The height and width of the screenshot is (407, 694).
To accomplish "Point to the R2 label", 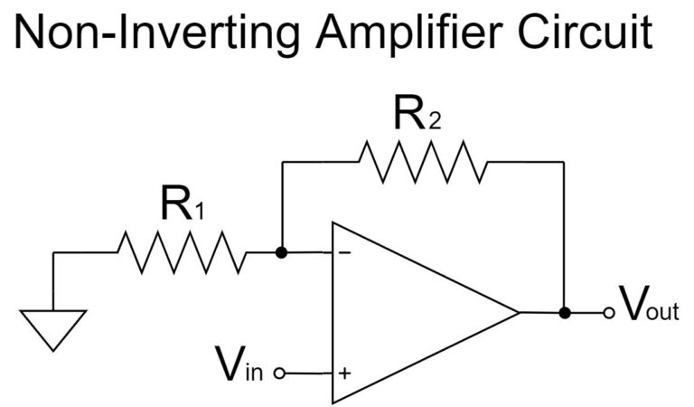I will [x=417, y=116].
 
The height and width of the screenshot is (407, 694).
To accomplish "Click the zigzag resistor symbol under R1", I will [x=181, y=252].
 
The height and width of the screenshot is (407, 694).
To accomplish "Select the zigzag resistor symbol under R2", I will [x=422, y=162].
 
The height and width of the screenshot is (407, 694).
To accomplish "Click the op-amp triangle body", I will [x=407, y=312].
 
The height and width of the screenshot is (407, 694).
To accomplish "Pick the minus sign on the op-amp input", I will [x=344, y=253].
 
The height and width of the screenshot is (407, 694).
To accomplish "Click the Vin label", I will [x=239, y=364].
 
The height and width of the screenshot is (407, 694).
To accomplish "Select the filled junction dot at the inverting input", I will [x=282, y=252].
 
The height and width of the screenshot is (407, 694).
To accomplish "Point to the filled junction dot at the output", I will [x=565, y=313].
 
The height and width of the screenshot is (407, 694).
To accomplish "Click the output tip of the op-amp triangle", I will [x=518, y=312].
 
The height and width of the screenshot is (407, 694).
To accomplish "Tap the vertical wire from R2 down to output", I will [x=565, y=235].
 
